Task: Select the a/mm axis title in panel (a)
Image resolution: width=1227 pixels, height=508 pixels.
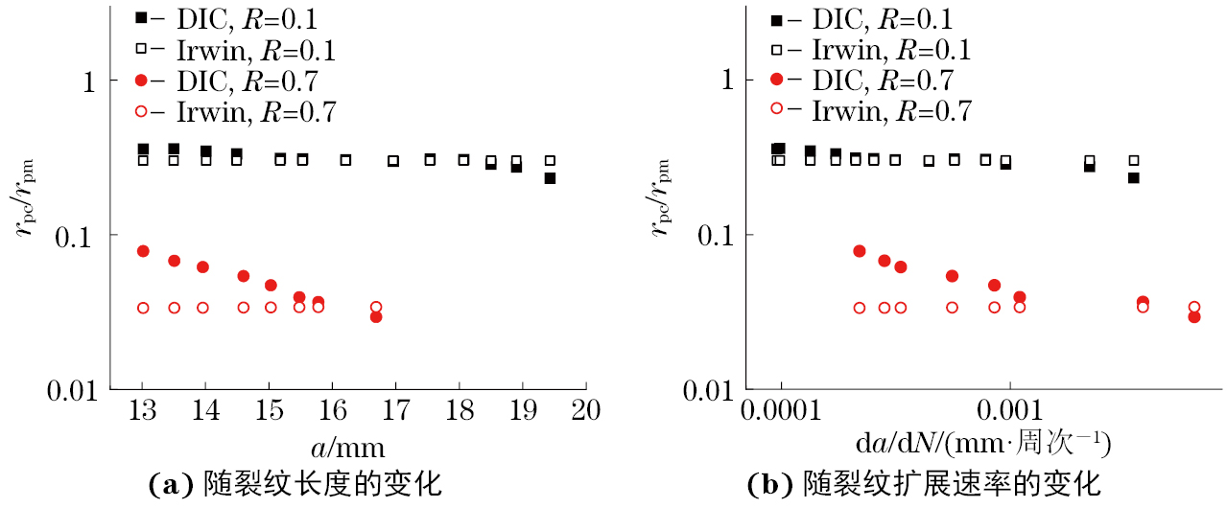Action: (348, 447)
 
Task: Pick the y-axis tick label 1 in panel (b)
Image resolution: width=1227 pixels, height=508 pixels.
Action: (725, 81)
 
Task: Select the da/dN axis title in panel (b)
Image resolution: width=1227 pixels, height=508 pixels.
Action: (982, 445)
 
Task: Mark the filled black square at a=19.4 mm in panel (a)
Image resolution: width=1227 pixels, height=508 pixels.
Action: (550, 178)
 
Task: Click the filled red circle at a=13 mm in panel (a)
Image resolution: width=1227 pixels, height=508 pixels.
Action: (143, 251)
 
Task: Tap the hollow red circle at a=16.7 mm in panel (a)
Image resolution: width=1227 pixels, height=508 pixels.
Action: (376, 307)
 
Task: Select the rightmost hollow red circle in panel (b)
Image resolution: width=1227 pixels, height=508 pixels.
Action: (1194, 308)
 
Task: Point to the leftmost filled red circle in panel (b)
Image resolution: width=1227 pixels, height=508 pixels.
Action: (860, 251)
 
